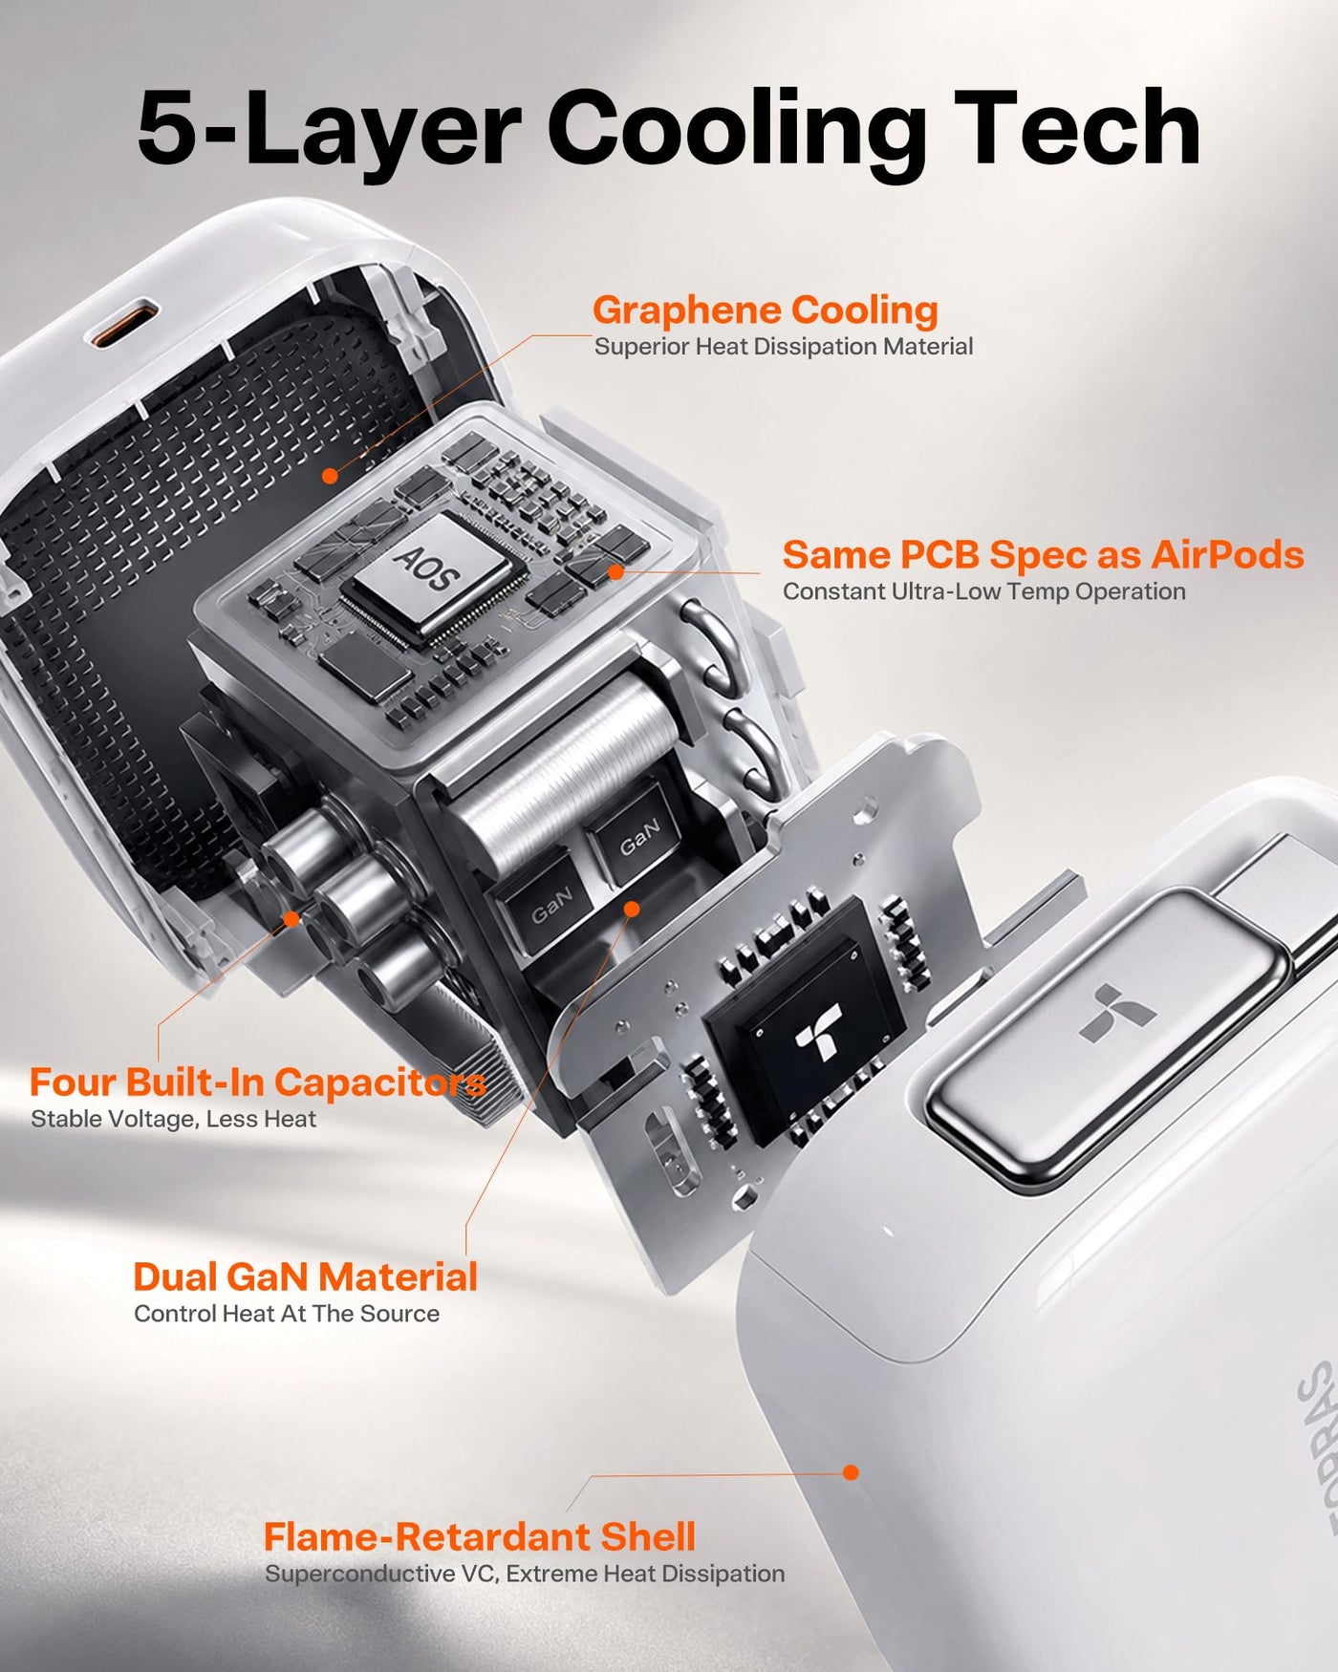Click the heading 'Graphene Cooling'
click(x=765, y=311)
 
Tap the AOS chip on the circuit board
click(x=430, y=574)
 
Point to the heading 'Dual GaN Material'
click(x=305, y=1277)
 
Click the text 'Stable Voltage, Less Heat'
click(x=173, y=1119)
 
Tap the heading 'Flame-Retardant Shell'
click(x=479, y=1537)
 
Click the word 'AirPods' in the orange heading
click(x=1227, y=555)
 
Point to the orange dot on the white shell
click(x=851, y=1472)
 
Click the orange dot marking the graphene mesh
click(x=330, y=476)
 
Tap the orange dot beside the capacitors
click(x=291, y=918)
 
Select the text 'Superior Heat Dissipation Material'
click(x=784, y=347)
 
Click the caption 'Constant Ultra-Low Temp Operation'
click(x=984, y=591)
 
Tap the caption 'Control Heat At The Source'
click(x=287, y=1314)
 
